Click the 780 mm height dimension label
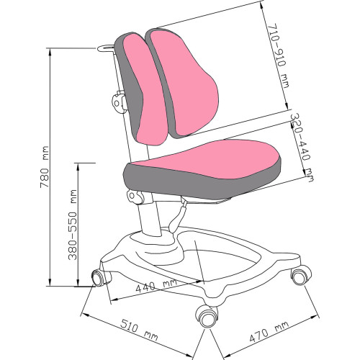click(x=45, y=167)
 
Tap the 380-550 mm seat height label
click(x=73, y=225)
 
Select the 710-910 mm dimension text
click(x=279, y=55)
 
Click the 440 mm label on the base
click(x=156, y=285)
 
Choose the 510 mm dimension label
click(x=139, y=330)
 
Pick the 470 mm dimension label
click(x=269, y=332)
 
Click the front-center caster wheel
click(x=207, y=316)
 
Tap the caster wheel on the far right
click(x=300, y=276)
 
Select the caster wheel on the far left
click(x=99, y=278)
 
